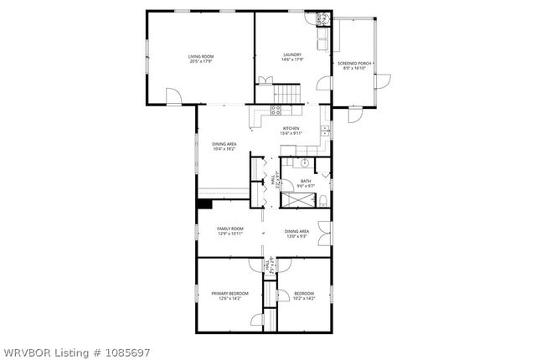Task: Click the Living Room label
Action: (199, 59)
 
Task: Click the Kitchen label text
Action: (291, 131)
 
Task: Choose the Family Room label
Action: (229, 231)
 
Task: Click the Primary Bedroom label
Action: (229, 296)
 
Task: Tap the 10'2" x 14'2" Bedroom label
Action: (304, 296)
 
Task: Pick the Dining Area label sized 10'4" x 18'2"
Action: (224, 146)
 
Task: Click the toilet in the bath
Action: (322, 198)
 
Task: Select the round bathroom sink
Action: (305, 163)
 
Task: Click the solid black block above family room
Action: (204, 203)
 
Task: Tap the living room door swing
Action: (173, 97)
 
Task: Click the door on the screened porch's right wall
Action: (383, 81)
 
